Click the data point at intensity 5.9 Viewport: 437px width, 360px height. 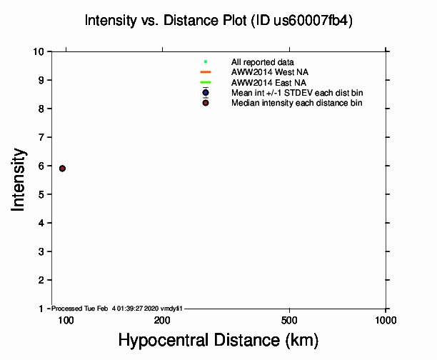point(63,169)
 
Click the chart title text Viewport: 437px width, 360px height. point(218,21)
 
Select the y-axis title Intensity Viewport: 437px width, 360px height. point(19,179)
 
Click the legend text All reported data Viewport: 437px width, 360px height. point(263,62)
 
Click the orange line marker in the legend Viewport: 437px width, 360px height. point(206,72)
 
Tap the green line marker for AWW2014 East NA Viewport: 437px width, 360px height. point(206,83)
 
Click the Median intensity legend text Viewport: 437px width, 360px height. point(296,104)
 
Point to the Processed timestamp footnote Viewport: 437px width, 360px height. point(118,309)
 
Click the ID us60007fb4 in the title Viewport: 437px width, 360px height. point(309,21)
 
